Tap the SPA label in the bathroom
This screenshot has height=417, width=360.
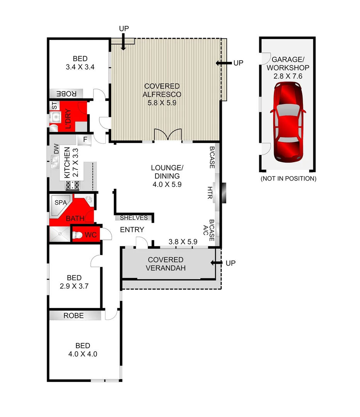pos(61,202)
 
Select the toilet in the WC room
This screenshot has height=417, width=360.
pos(77,235)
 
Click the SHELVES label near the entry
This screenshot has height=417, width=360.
pos(134,218)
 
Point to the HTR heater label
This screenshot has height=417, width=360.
pos(210,193)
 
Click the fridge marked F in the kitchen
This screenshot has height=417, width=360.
pos(84,139)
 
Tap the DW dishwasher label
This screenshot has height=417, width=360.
pos(56,149)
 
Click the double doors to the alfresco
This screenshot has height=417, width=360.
pos(167,135)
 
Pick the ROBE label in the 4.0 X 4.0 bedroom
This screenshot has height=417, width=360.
pos(74,315)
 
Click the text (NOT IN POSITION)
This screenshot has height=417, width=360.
pos(288,179)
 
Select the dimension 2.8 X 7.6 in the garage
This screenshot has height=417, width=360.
pos(288,76)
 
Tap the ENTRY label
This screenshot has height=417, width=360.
pos(132,230)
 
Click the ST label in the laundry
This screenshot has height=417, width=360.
pos(54,105)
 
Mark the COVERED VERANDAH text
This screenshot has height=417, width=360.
pos(166,264)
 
